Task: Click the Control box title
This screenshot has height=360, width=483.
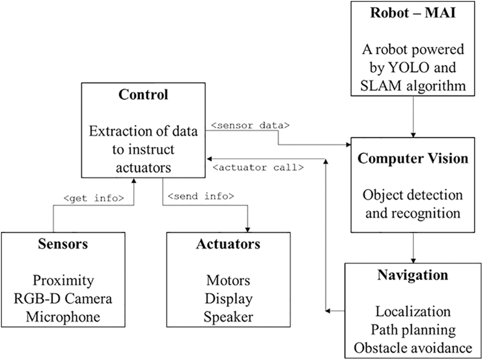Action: pos(143,95)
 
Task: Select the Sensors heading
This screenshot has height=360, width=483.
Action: pos(63,244)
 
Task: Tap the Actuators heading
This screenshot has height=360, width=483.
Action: pos(228,244)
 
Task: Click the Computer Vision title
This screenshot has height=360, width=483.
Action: pos(413,159)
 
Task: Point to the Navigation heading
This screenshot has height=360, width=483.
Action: pos(413,275)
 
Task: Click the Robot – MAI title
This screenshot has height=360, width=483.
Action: pos(413,12)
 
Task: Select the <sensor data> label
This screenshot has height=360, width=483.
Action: pos(250,125)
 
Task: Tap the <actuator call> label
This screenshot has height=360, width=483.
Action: pos(258,168)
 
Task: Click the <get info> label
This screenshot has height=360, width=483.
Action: pos(94,198)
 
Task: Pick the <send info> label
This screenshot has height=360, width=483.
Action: pos(201,196)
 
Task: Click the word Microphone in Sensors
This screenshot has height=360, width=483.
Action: pos(63,317)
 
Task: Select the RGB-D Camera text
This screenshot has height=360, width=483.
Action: pos(63,298)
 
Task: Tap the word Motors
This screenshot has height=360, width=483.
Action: pos(228,280)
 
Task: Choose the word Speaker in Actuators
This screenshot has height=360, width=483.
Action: pos(228,317)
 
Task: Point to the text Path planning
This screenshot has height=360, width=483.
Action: pos(413,330)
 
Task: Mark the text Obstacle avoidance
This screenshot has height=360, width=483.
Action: pos(413,348)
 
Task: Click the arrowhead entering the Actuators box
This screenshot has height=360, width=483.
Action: pos(248,230)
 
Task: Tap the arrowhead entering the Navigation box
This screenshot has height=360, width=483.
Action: pos(413,261)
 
